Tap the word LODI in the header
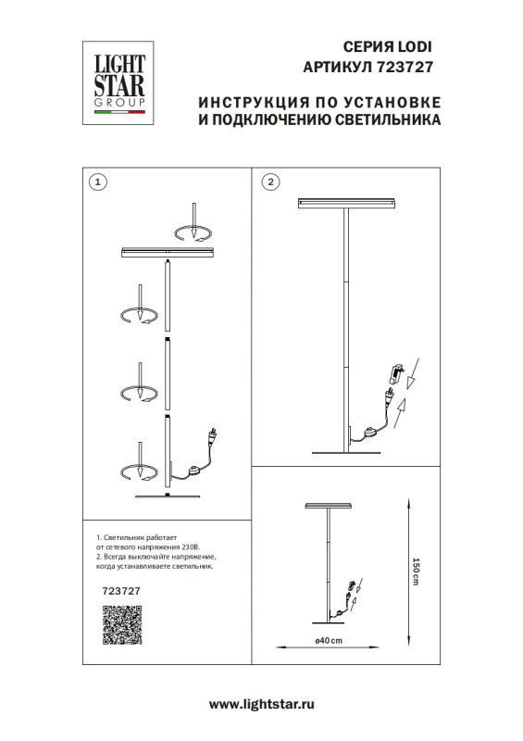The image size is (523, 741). click(415, 45)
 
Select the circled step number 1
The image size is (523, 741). click(99, 182)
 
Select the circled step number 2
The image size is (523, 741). click(269, 182)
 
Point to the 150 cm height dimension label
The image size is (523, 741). click(416, 570)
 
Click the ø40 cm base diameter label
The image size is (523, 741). click(329, 641)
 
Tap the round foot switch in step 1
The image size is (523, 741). click(193, 470)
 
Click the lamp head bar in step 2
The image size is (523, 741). click(346, 203)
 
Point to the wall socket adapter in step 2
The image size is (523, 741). click(398, 373)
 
